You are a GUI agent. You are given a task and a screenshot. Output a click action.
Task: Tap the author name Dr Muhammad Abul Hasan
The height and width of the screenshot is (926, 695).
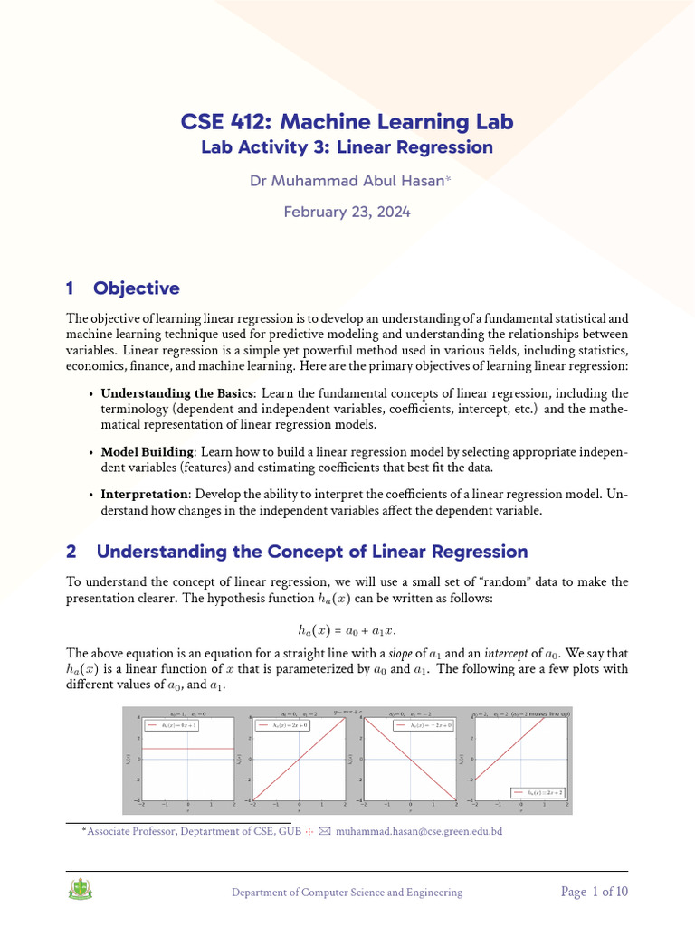click(347, 182)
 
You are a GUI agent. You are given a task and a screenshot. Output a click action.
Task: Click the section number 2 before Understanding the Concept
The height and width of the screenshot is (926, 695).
click(71, 552)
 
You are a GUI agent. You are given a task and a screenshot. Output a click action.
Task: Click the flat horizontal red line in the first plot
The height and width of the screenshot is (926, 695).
click(187, 749)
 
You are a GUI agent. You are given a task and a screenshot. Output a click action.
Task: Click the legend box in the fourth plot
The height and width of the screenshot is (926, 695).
click(542, 792)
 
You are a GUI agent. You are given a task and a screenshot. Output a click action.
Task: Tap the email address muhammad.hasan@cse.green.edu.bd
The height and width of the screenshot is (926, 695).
click(419, 831)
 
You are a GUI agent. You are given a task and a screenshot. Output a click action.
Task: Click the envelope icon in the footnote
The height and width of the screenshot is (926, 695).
click(325, 831)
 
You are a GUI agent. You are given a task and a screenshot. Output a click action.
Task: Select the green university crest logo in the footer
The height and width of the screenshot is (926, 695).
click(80, 892)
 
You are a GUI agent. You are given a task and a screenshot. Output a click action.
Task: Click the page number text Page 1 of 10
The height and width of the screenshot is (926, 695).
click(595, 892)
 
